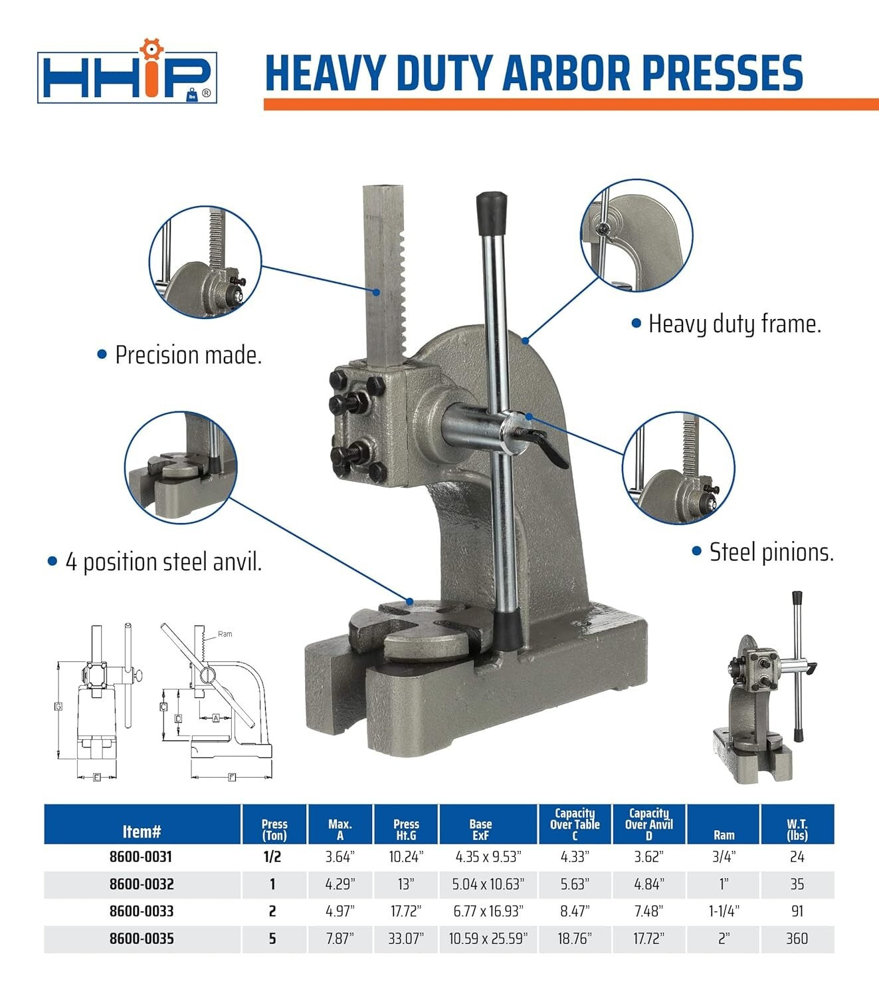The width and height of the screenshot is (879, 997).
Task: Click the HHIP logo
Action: coord(127,70)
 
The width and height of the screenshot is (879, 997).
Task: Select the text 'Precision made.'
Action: coord(188,355)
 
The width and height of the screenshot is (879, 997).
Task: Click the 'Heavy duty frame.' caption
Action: coord(734,324)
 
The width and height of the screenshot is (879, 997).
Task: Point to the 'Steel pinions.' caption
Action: coord(771,552)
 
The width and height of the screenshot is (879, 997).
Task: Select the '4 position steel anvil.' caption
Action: coord(163,562)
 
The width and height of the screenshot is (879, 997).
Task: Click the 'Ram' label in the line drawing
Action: coord(225,634)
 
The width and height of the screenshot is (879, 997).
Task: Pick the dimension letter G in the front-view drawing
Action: coord(58,707)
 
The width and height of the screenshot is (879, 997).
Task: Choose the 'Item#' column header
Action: coord(142,831)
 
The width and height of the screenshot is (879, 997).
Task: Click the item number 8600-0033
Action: coord(141,911)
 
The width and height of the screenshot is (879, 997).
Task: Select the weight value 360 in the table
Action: coord(797,939)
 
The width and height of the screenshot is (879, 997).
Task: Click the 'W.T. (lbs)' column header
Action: coord(797,830)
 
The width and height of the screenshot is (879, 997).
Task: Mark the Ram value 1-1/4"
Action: coord(724,911)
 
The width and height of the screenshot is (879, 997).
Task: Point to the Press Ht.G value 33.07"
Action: coord(406,939)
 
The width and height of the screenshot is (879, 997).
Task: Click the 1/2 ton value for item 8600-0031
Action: coord(272,857)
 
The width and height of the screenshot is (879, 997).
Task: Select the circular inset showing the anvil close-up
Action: coord(181,467)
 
